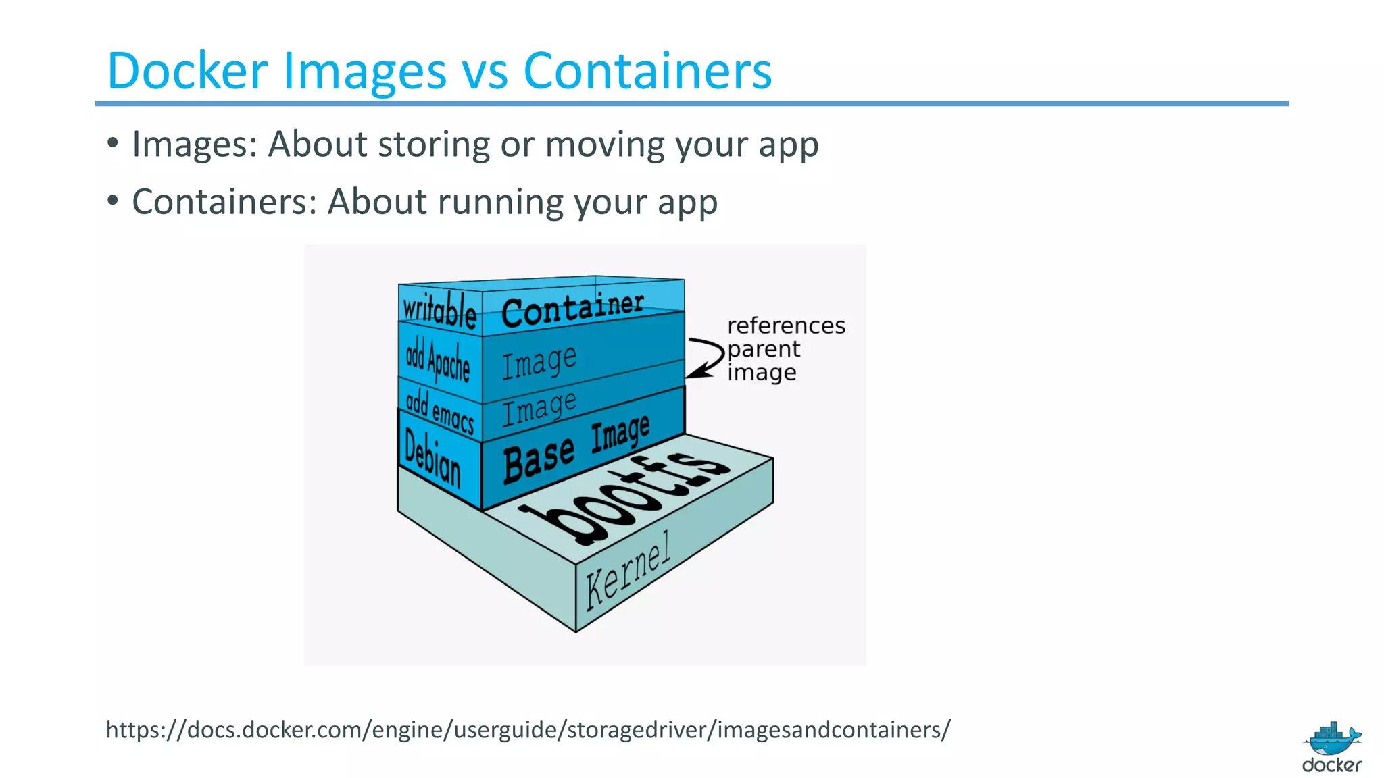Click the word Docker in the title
pyautogui.click(x=187, y=71)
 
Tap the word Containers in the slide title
pyautogui.click(x=647, y=71)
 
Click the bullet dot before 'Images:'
pyautogui.click(x=113, y=143)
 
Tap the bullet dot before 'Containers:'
pyautogui.click(x=113, y=201)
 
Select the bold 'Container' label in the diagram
pyautogui.click(x=572, y=309)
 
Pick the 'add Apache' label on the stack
pyautogui.click(x=437, y=360)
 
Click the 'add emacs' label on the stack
pyautogui.click(x=440, y=410)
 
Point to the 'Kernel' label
pyautogui.click(x=628, y=570)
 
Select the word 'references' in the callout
pyautogui.click(x=786, y=326)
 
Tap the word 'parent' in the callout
pyautogui.click(x=764, y=350)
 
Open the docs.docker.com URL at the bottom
pyautogui.click(x=528, y=729)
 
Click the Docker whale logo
pyautogui.click(x=1332, y=740)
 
